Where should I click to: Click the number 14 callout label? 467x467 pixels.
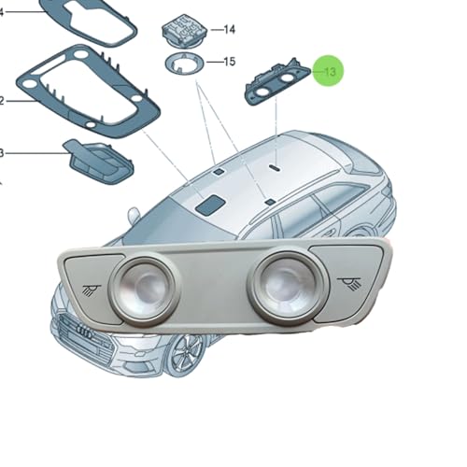[230, 29]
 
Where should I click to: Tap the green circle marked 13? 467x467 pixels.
[329, 71]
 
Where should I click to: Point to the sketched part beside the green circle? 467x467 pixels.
[276, 82]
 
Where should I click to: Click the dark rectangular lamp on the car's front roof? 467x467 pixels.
[209, 205]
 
